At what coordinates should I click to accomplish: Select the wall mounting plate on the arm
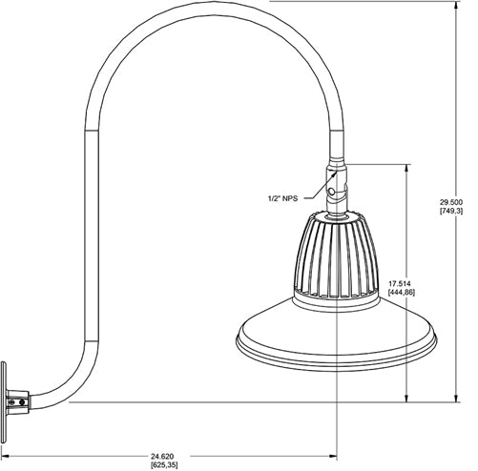[x=9, y=401]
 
